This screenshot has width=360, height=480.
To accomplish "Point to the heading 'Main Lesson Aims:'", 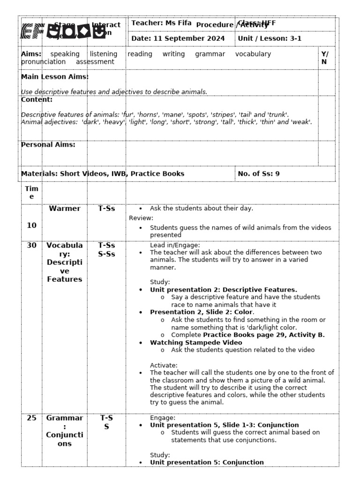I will [55, 76].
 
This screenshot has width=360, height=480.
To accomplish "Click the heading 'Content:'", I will [37, 99].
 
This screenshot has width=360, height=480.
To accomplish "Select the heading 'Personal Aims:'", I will [48, 144].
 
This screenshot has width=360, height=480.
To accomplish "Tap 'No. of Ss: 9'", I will [259, 173].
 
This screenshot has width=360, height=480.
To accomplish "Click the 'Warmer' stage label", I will [64, 209].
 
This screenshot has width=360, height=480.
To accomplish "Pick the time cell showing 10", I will [31, 225].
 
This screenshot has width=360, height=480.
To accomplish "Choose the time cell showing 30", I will [31, 245].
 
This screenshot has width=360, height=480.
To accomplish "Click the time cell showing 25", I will [31, 418].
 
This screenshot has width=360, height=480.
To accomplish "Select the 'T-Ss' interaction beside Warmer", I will [106, 209].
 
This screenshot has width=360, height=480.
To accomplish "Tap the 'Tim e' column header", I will [31, 193].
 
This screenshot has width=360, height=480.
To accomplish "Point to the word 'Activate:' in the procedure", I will [164, 365].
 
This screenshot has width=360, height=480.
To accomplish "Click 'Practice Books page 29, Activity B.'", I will [264, 335].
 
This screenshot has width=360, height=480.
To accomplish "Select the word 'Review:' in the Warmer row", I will [141, 218].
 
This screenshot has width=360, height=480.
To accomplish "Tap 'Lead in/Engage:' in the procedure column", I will [175, 245].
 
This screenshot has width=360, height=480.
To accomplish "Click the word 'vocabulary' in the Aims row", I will [253, 54].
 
